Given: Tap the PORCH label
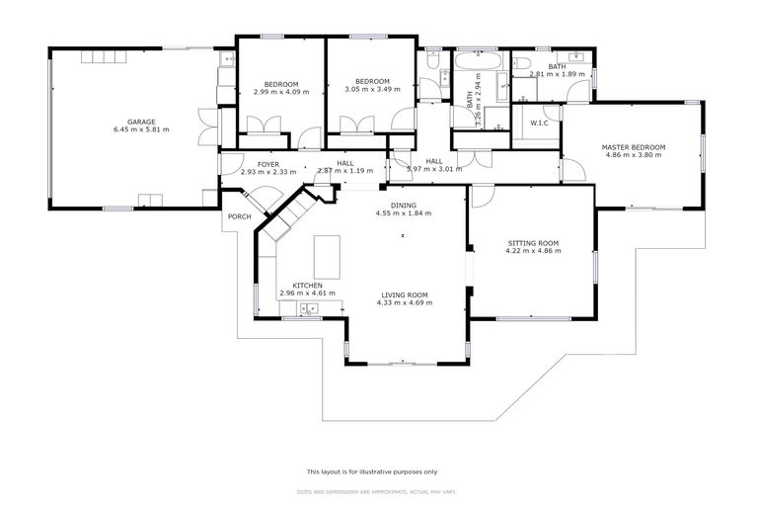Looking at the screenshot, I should [x=239, y=216].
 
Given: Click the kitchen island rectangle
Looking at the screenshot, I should [x=327, y=257].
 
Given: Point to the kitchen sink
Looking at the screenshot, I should [x=308, y=310].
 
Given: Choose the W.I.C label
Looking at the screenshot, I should [x=539, y=124].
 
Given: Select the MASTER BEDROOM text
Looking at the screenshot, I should [x=634, y=147].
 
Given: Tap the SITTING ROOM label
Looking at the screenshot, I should [x=533, y=242].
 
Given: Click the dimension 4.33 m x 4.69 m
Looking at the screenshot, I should [x=404, y=302].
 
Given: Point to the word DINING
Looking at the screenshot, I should [x=403, y=205].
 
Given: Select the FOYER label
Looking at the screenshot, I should [x=268, y=164].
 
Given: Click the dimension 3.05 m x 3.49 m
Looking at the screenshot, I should [x=372, y=90].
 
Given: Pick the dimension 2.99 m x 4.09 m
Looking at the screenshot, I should [x=281, y=90].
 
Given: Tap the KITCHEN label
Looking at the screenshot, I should [x=307, y=285].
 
